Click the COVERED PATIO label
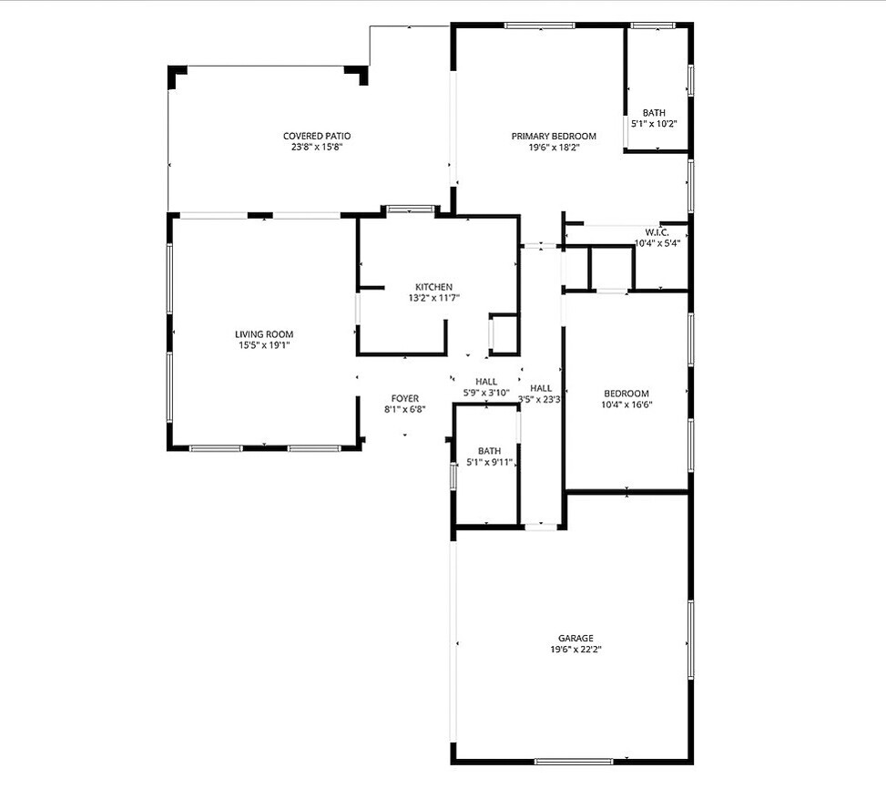[x=317, y=136]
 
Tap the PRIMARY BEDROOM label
[x=554, y=136]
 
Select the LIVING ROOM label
[x=264, y=334]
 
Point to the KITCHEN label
[x=433, y=287]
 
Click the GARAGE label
[x=575, y=639]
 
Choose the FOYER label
[x=405, y=399]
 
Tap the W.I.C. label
[x=657, y=232]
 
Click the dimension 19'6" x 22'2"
[x=575, y=650]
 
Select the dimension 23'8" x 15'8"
[x=317, y=147]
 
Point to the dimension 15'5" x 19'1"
[x=264, y=345]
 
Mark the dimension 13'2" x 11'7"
[x=434, y=298]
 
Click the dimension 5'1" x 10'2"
[x=654, y=124]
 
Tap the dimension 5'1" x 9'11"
[x=489, y=462]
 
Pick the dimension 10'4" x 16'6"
[x=626, y=405]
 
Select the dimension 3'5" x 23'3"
[x=540, y=399]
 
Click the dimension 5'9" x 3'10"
[x=486, y=393]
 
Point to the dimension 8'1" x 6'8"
[x=405, y=410]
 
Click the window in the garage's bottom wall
[x=574, y=761]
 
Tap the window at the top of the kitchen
[x=411, y=210]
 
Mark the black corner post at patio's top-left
[x=177, y=77]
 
